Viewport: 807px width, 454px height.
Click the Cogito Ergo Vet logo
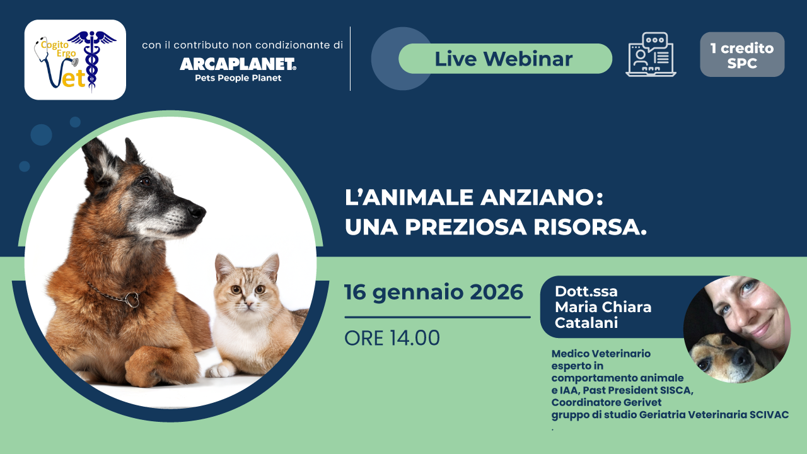[75, 60]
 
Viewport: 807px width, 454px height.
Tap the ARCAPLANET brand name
[238, 64]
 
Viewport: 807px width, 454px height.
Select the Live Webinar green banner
[504, 59]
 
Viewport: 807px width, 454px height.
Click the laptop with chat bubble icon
[651, 55]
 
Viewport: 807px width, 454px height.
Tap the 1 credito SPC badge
[742, 55]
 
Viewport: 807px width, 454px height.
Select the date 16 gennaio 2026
[434, 292]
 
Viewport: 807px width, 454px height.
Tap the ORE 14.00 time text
[392, 338]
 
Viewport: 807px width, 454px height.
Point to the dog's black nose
[197, 212]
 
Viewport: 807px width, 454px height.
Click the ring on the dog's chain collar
[132, 300]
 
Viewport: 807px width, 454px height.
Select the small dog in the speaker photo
[719, 354]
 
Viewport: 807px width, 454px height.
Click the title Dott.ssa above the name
[586, 291]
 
